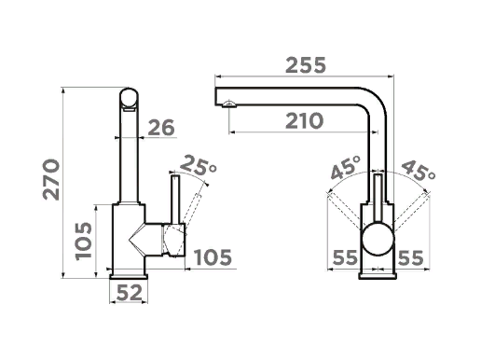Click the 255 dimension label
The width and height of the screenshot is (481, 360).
[x=306, y=65]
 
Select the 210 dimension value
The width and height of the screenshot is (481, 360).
[x=304, y=121]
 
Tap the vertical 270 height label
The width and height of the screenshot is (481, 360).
[x=51, y=180]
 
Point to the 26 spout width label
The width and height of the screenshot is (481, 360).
[x=161, y=128]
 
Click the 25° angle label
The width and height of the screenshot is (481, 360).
[x=198, y=165]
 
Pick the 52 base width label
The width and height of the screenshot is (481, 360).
[x=129, y=293]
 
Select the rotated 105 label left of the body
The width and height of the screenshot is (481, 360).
[x=84, y=241]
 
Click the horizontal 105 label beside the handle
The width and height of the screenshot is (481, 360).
[x=213, y=257]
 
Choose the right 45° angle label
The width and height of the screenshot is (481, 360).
[x=419, y=170]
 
